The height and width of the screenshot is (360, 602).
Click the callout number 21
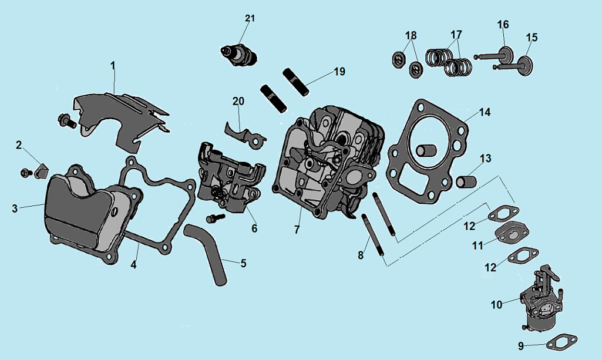pos(250,19)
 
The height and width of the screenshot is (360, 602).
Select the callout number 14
pos(485,112)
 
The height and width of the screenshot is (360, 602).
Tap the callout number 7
pos(297,230)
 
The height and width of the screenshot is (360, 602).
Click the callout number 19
pos(339,72)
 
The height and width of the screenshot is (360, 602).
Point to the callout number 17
pos(456,34)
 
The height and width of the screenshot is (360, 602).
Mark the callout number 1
pos(113,65)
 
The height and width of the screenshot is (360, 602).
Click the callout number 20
pos(238,101)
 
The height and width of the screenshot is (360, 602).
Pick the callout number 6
pos(254,228)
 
